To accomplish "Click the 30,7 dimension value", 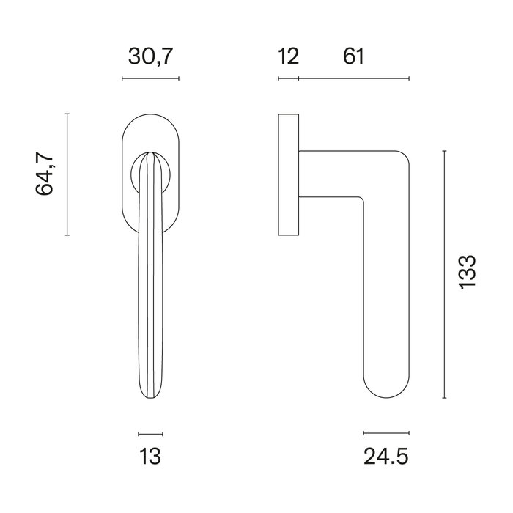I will coord(150,56).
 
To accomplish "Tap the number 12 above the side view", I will coord(289,56).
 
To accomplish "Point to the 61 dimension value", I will coord(353,56).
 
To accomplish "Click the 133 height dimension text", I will coord(467,274).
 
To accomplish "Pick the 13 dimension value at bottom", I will coord(150,457).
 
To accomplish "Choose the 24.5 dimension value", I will coord(385,457).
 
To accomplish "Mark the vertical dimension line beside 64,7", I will coord(67,174).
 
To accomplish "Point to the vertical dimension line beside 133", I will coord(445,274).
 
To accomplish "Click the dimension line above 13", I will coord(150,433).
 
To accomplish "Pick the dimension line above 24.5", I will coord(385,433).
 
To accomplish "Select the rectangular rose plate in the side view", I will coord(289,174).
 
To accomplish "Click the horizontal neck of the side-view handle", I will coord(330,174).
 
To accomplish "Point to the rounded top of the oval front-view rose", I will coord(150,117).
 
